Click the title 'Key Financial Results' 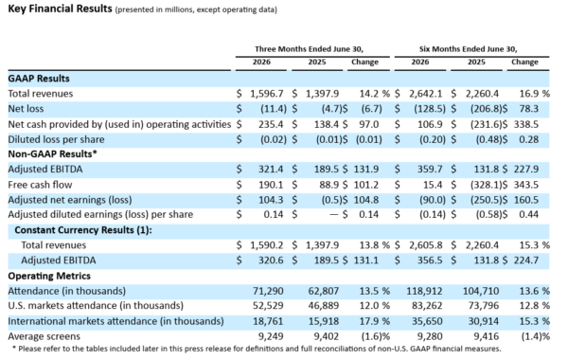61,9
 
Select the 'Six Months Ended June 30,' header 468,49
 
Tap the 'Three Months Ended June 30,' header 309,49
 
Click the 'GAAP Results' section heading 39,79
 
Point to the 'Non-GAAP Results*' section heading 52,153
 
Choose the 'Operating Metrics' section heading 49,276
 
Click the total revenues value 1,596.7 267,94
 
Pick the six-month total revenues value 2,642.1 426,94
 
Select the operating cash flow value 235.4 271,124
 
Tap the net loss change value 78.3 528,109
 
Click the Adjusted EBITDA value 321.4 271,169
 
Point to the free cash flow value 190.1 271,185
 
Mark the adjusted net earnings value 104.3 271,200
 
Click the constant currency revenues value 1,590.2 267,245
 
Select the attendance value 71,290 268,291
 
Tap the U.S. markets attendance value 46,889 324,306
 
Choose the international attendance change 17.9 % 375,321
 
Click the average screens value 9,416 487,336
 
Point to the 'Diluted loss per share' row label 56,139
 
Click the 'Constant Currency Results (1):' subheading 83,230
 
